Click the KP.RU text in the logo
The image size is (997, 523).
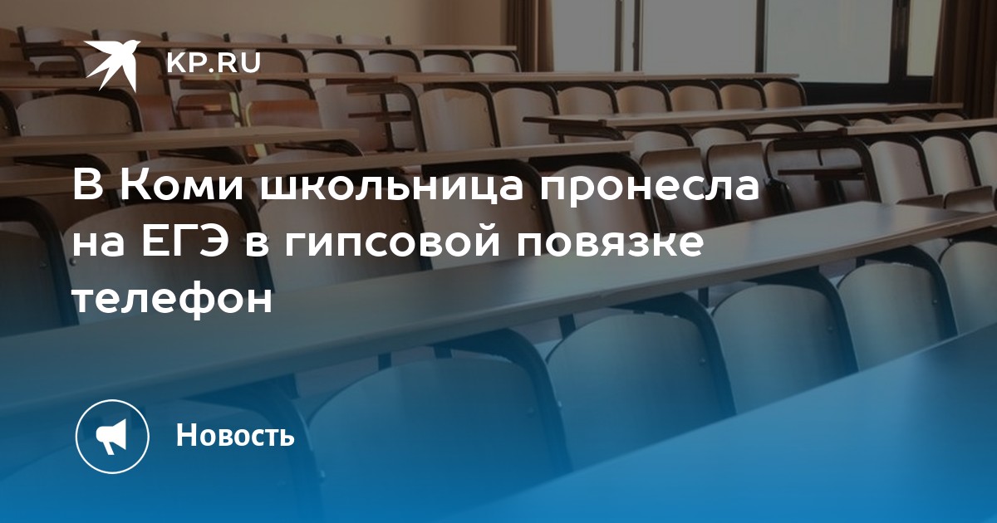pyautogui.click(x=214, y=62)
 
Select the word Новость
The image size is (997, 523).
pyautogui.click(x=235, y=434)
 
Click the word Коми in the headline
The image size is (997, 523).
pyautogui.click(x=183, y=188)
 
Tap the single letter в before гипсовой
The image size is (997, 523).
pyautogui.click(x=257, y=246)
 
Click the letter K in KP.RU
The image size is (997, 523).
pyautogui.click(x=176, y=63)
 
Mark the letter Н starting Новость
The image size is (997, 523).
pyautogui.click(x=186, y=434)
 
